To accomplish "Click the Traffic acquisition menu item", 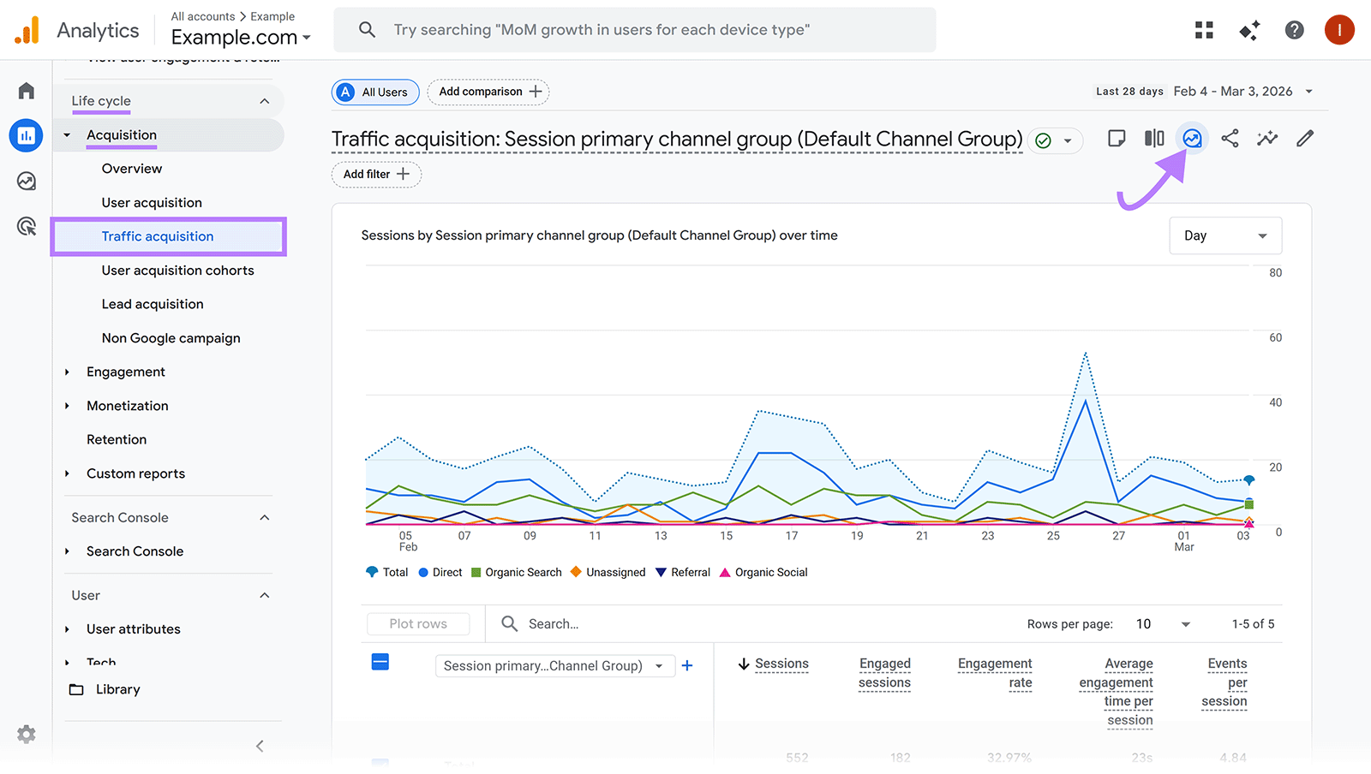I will (158, 236).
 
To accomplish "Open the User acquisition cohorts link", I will (177, 271).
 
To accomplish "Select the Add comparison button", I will (488, 92).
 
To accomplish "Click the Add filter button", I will (376, 174).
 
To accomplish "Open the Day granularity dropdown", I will (1224, 235).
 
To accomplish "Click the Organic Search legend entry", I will (516, 572).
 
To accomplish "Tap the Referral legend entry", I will (683, 572).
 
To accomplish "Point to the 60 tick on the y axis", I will (1275, 337).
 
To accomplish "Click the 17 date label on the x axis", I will (792, 536).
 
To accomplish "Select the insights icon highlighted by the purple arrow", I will (1192, 139).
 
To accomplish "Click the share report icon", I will (1230, 139).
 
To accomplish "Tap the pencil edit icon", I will (1304, 139).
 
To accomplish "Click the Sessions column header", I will (781, 664).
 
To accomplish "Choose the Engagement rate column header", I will (995, 673).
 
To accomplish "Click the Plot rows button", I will (418, 623).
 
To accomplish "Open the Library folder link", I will (117, 689).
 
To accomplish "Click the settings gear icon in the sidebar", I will (27, 734).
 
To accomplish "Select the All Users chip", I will (375, 92).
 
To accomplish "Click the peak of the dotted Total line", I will (1085, 353).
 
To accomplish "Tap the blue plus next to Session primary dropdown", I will (686, 665).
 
